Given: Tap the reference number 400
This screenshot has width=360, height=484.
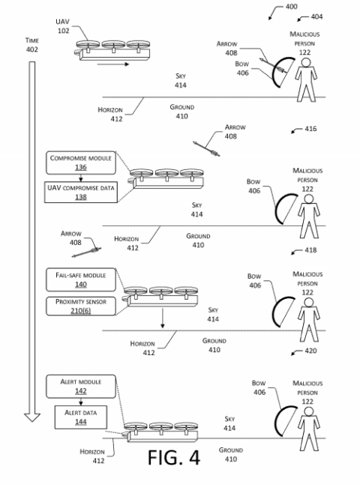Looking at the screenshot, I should point(291,7).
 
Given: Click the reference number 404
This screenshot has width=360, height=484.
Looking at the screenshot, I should point(317,16).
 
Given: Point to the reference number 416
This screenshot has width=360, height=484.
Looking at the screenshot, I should point(310,129).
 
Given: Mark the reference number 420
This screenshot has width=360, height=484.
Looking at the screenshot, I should point(310,351).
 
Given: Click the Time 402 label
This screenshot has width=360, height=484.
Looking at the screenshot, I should point(31,45).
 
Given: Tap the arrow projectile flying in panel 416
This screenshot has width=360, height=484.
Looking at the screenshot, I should point(204,145).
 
